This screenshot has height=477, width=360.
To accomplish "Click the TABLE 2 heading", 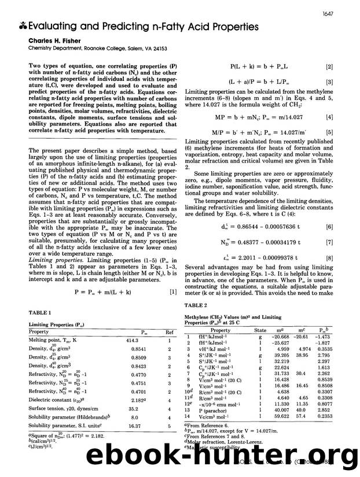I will [196, 306].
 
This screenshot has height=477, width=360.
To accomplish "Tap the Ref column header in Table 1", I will [170, 332].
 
